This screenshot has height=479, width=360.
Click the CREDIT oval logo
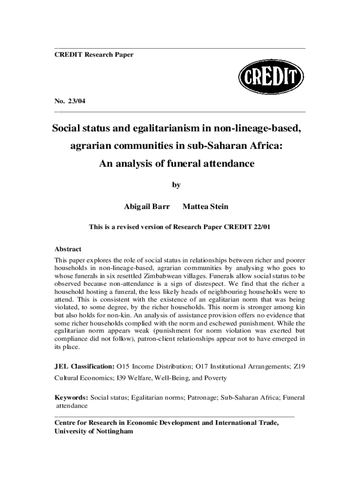point(271,78)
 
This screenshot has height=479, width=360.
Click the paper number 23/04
point(76,101)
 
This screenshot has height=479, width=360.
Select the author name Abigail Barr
point(146,206)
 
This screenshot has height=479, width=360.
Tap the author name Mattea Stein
point(206,206)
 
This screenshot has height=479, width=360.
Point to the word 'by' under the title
point(176,185)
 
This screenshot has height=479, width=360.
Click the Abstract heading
point(68,249)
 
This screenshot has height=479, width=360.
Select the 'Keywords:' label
point(72,398)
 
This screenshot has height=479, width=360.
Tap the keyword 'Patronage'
point(202,398)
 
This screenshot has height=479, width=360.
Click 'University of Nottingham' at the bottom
point(94,431)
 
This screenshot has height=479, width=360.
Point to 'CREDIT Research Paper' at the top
point(94,55)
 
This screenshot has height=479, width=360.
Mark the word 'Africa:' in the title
point(265,146)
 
